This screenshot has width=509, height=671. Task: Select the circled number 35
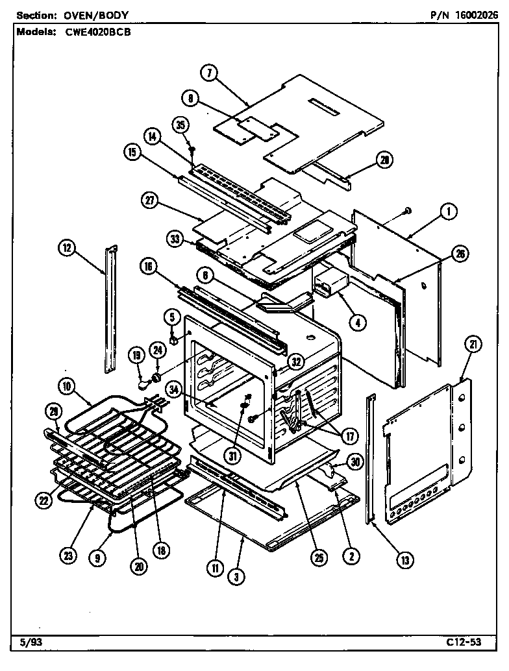[180, 125]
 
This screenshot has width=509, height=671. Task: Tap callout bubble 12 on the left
[68, 247]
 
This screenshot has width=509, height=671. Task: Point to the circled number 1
[448, 210]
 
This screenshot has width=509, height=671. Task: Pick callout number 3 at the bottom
[236, 576]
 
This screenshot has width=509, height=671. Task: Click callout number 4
[356, 320]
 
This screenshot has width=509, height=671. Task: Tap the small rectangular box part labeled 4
[331, 284]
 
